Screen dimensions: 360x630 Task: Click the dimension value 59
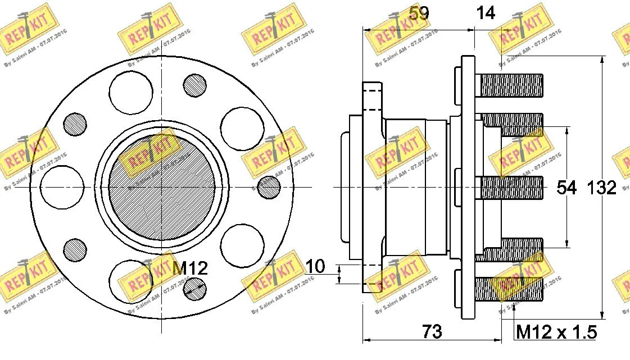[418, 13]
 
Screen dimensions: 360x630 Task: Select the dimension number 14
[486, 13]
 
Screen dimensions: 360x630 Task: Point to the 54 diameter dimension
[566, 188]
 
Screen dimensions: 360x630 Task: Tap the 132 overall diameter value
[602, 188]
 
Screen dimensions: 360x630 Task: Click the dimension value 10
[316, 267]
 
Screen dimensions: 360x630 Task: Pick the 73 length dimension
[431, 331]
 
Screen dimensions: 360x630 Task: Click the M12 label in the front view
[189, 268]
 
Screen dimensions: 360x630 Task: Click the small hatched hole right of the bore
[268, 187]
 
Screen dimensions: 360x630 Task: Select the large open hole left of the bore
[62, 187]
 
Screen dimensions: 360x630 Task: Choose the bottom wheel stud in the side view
[509, 289]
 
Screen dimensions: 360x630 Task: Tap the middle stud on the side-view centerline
[511, 188]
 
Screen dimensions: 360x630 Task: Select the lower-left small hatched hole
[75, 250]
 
